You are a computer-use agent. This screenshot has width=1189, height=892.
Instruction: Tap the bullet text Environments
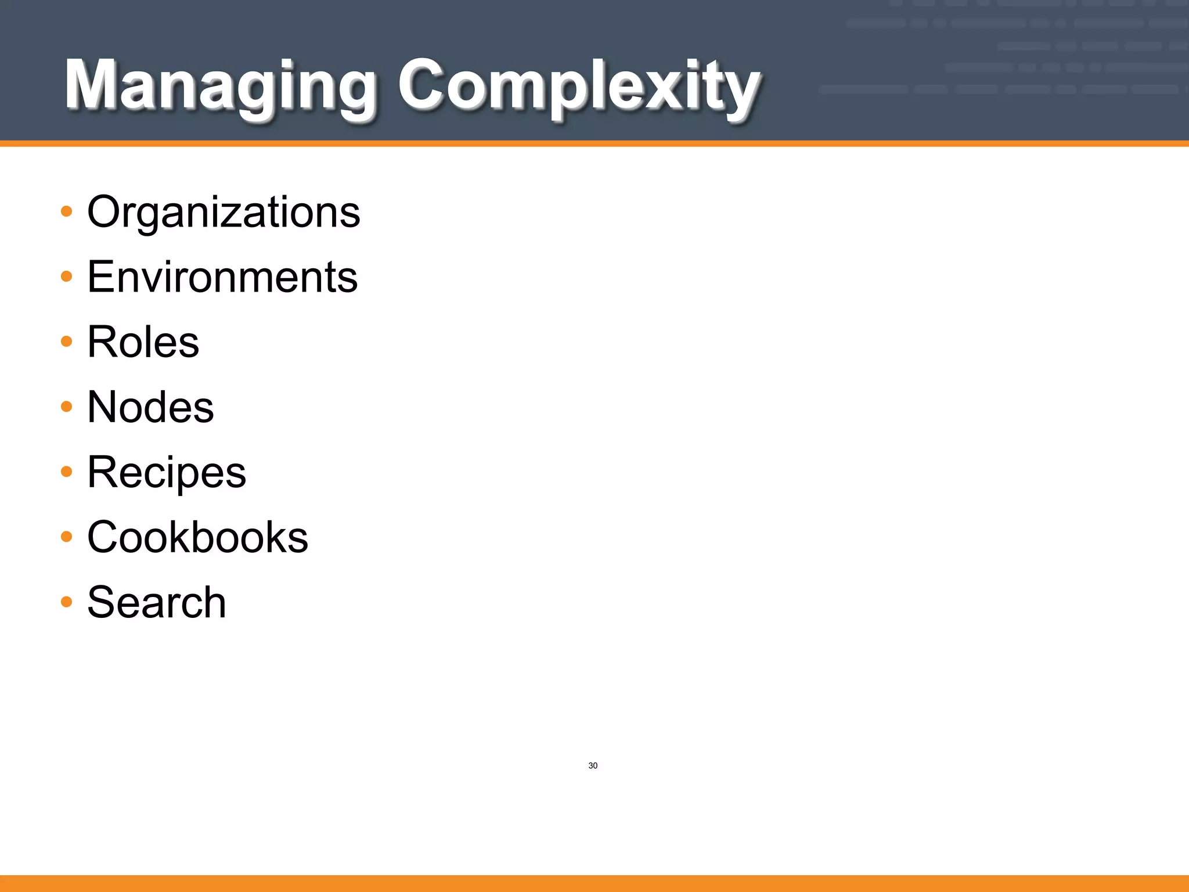pyautogui.click(x=222, y=277)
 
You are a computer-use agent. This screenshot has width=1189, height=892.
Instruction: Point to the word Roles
pyautogui.click(x=143, y=342)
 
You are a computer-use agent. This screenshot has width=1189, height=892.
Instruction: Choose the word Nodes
pyautogui.click(x=150, y=407)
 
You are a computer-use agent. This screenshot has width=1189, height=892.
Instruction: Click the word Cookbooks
pyautogui.click(x=197, y=537)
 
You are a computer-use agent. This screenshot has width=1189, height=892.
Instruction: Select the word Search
pyautogui.click(x=156, y=602)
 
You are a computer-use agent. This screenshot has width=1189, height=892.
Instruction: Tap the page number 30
pyautogui.click(x=593, y=765)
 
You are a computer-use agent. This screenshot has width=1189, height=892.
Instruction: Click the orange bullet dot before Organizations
pyautogui.click(x=67, y=211)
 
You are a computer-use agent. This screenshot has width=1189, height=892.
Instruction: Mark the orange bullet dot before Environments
pyautogui.click(x=67, y=276)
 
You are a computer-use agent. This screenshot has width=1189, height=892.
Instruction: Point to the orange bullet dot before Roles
pyautogui.click(x=67, y=341)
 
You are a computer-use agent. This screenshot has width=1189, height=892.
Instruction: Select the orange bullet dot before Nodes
pyautogui.click(x=67, y=407)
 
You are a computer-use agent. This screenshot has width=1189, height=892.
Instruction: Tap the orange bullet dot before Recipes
pyautogui.click(x=67, y=472)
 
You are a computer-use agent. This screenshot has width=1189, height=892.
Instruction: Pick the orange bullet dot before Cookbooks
pyautogui.click(x=67, y=537)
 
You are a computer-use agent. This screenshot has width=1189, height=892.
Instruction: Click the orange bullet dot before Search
pyautogui.click(x=67, y=602)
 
